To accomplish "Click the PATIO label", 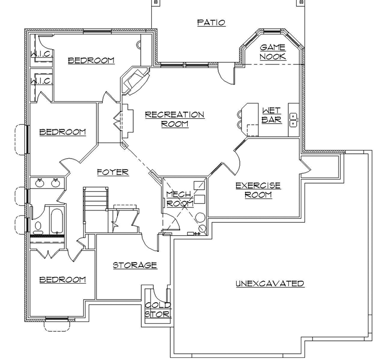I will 212,22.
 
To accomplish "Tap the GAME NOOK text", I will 273,52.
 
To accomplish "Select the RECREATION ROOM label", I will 174,119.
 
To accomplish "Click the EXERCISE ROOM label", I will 258,190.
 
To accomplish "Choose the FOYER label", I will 112,172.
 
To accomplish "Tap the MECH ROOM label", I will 178,199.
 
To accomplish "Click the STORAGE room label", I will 135,265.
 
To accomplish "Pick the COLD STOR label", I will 157,309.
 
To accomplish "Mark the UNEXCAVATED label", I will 270,283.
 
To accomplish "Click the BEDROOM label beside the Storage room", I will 62,280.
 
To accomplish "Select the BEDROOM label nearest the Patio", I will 91,60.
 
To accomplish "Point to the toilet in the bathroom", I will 38,226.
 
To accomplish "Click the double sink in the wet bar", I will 294,120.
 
